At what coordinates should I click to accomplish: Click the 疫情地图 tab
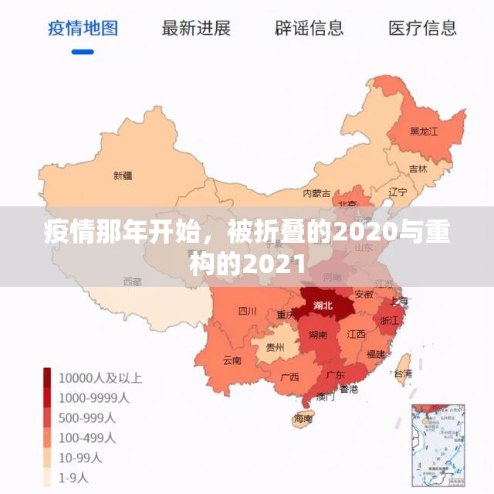tap(83, 29)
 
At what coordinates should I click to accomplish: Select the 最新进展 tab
tap(196, 29)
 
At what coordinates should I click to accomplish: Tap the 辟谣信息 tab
tap(309, 29)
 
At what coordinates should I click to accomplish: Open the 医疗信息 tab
tap(422, 29)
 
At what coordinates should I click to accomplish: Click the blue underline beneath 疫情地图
tap(83, 52)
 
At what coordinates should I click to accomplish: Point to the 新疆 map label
tap(123, 175)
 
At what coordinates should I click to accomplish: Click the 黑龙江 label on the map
tap(424, 131)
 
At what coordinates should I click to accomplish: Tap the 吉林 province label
tap(418, 169)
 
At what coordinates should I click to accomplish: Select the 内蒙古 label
tap(316, 192)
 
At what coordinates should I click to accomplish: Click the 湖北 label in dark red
tap(323, 305)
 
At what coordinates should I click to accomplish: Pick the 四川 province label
tap(247, 312)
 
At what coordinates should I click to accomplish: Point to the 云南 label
tap(232, 360)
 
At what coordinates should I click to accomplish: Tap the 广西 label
tap(289, 377)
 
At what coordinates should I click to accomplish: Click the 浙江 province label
tap(390, 319)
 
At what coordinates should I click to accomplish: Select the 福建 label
tap(377, 354)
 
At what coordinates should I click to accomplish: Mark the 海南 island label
tap(303, 419)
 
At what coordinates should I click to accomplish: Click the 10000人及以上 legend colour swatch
tap(47, 378)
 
